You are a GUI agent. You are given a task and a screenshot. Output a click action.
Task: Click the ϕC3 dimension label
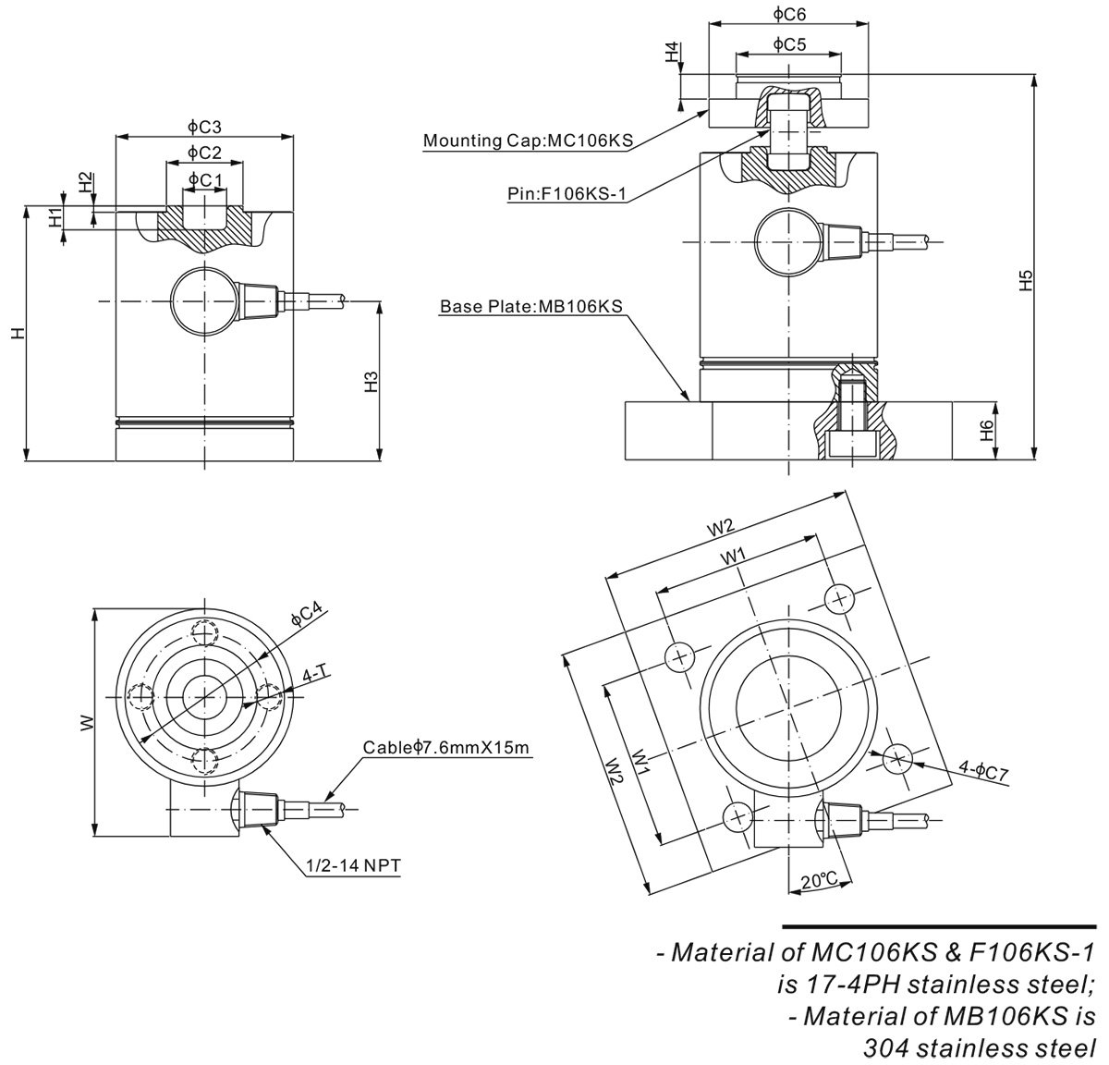click(x=204, y=127)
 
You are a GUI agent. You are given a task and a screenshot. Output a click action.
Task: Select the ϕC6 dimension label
click(x=790, y=14)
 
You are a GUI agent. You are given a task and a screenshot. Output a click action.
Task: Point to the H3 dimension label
click(x=372, y=382)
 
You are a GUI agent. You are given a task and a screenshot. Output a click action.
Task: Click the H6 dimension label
click(x=987, y=428)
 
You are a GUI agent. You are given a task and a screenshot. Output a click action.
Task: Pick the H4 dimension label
click(x=672, y=52)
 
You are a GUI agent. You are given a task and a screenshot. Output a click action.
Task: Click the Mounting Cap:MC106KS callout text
click(x=527, y=141)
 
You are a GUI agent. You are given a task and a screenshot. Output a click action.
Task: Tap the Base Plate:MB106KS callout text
click(x=530, y=306)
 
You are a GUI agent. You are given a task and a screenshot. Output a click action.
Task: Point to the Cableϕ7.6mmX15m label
click(x=446, y=747)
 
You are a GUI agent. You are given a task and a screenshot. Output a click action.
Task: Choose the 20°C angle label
click(x=819, y=881)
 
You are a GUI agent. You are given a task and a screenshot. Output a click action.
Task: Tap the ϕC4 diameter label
click(x=306, y=613)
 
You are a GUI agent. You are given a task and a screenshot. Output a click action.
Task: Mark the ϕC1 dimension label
click(x=204, y=177)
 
